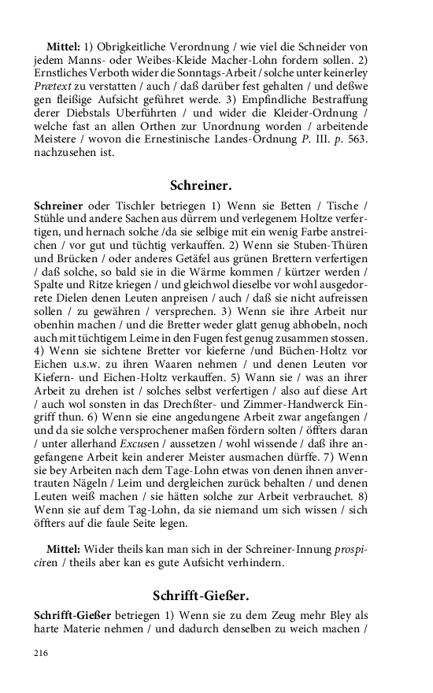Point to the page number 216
(42, 653)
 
